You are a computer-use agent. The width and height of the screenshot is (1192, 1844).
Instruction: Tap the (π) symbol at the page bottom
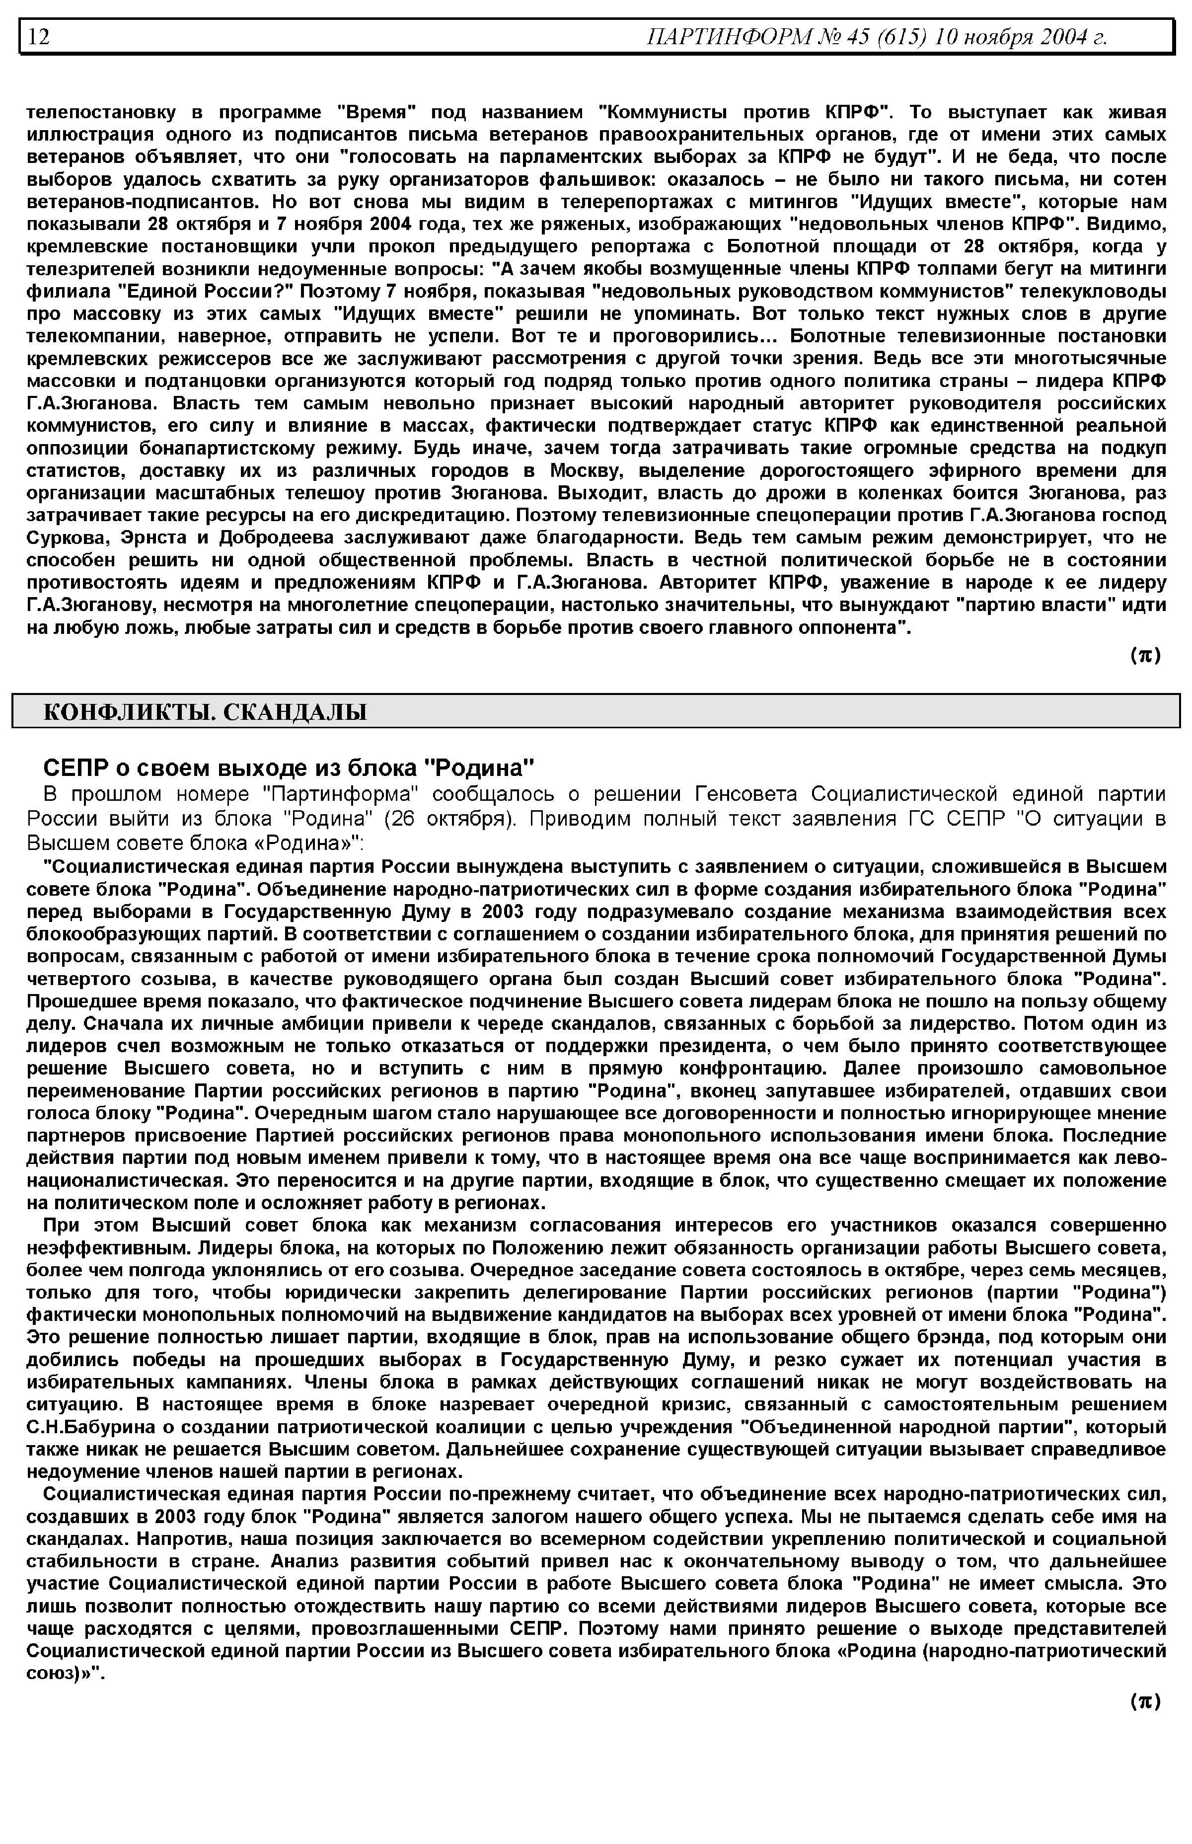(x=1145, y=1701)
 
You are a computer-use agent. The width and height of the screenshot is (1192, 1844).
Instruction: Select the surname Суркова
(x=64, y=537)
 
